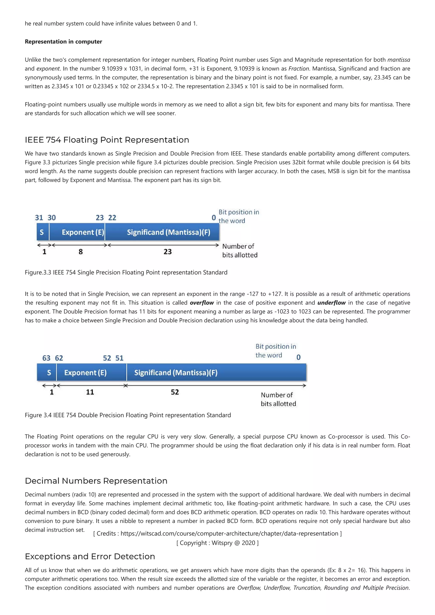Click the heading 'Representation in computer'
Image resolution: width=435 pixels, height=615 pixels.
(63, 42)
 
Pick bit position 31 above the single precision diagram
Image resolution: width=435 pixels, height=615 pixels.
(39, 217)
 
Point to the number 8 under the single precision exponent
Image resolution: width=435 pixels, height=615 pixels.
(81, 252)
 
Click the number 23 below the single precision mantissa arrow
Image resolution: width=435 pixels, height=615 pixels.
(168, 252)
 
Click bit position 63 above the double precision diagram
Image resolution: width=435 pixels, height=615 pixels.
(46, 358)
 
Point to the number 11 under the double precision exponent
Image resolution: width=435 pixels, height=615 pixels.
(90, 392)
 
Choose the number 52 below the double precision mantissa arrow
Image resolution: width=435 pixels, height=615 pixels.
(175, 392)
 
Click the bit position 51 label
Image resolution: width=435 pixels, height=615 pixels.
(119, 358)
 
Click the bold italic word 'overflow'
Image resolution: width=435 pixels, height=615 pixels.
(202, 303)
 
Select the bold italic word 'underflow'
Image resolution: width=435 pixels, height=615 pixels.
(331, 303)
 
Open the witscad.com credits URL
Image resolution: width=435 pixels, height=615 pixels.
(229, 534)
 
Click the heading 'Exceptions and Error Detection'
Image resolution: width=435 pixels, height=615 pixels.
(90, 556)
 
